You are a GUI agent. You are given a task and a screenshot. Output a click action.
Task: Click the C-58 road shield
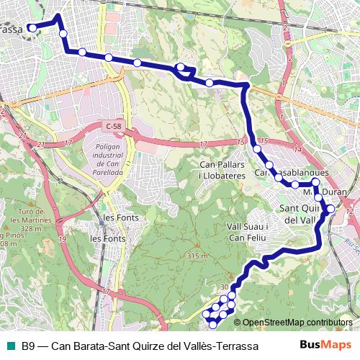pos(112,126)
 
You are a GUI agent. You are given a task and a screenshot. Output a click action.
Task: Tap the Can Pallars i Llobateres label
pos(222,170)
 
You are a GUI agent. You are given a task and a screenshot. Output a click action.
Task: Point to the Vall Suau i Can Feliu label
pos(247,231)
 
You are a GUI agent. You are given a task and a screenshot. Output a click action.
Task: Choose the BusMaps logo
pos(320,345)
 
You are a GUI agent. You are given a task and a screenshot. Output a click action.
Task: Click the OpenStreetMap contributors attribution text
pos(298,322)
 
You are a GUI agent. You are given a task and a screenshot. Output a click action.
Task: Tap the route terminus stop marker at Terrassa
pos(32,28)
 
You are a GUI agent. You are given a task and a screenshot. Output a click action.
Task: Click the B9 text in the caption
pos(28,346)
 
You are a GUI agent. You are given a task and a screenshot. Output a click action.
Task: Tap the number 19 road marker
pos(63,239)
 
